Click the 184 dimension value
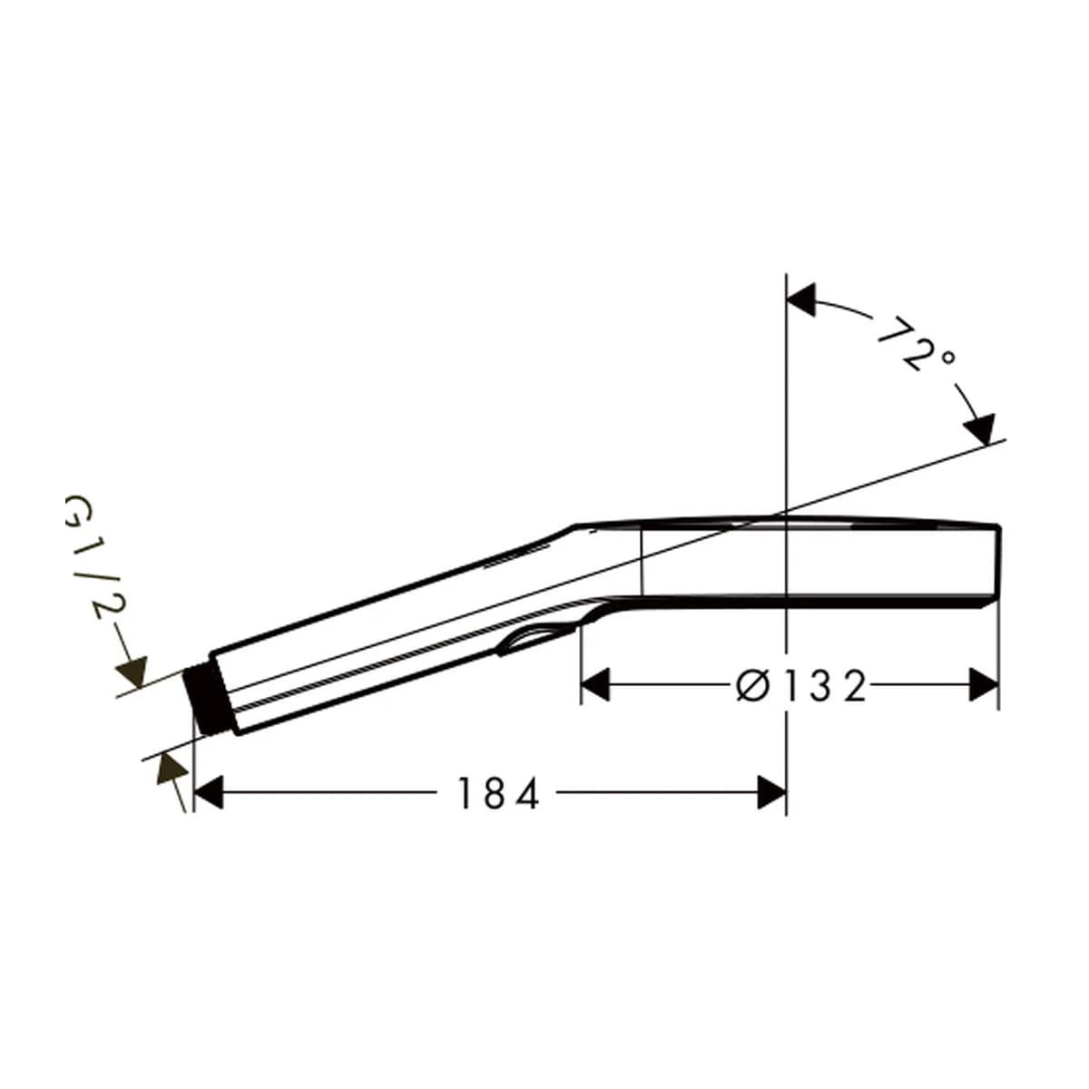click(498, 793)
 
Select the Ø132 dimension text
click(800, 686)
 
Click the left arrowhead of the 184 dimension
click(209, 792)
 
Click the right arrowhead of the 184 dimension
click(771, 792)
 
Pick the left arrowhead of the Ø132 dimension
click(595, 685)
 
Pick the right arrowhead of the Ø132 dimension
click(984, 685)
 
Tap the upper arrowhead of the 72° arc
click(801, 299)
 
